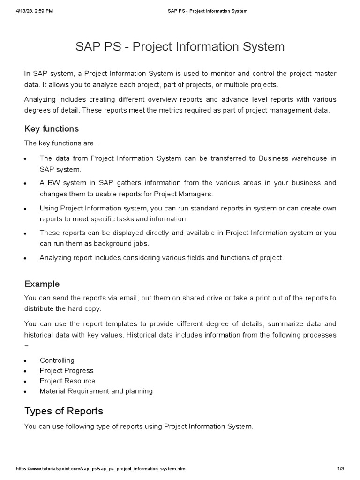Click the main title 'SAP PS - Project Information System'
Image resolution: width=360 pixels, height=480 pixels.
tap(180, 47)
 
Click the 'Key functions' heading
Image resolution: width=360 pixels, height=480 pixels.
tap(52, 129)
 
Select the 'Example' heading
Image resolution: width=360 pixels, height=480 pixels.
tap(42, 284)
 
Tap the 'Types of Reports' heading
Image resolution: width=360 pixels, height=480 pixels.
tap(63, 411)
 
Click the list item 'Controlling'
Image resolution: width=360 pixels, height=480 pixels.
tap(57, 360)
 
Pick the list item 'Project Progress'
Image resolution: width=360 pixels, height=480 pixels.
tap(67, 371)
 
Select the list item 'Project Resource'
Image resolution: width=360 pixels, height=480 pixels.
tap(67, 381)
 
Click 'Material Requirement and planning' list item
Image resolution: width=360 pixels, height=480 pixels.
tap(96, 391)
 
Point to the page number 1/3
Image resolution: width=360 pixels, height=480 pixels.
tap(341, 469)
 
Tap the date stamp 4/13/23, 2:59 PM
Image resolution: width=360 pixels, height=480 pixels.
tap(34, 11)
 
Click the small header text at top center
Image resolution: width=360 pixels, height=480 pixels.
tap(208, 11)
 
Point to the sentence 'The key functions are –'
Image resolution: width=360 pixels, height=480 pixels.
tap(62, 143)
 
